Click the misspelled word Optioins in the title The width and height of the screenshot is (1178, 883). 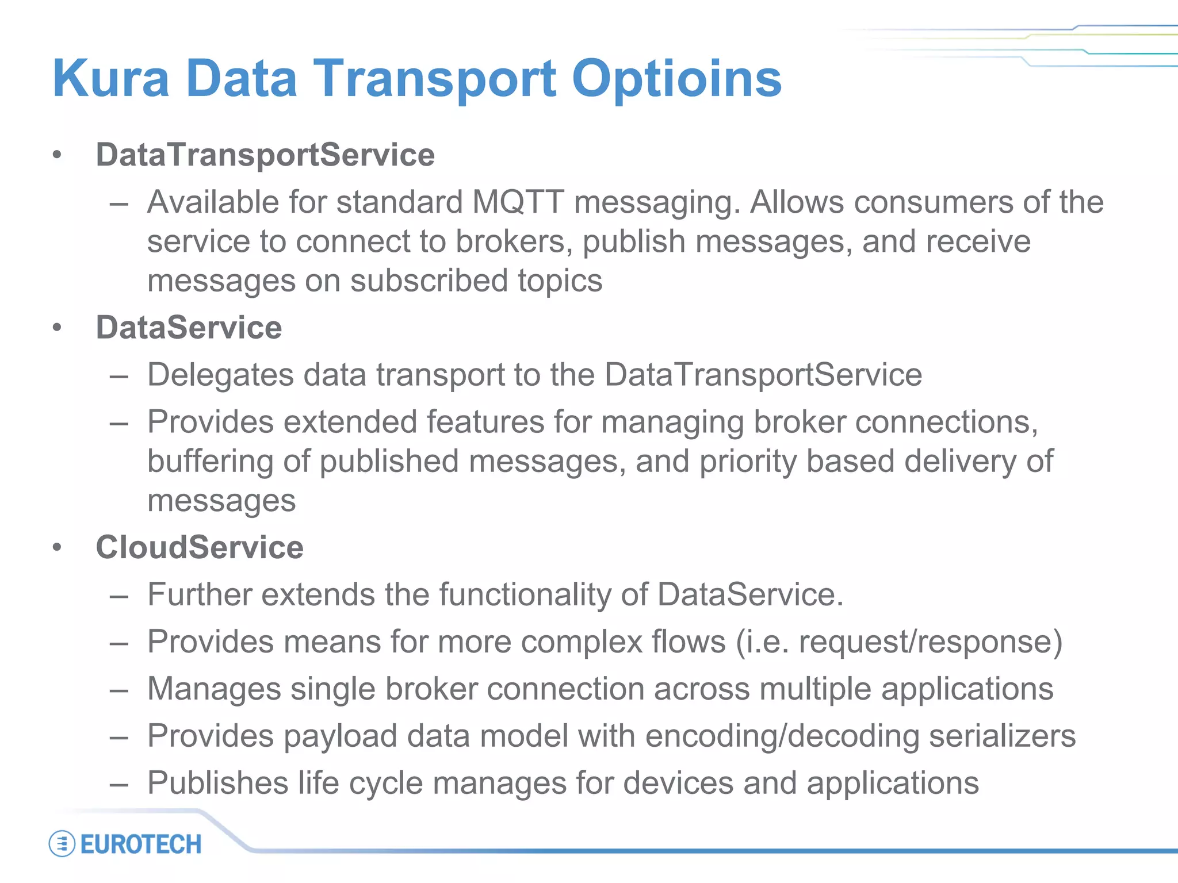tap(676, 79)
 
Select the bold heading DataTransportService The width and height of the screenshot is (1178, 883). tap(265, 155)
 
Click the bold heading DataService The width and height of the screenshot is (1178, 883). tap(189, 328)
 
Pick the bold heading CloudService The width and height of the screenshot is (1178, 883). tap(200, 547)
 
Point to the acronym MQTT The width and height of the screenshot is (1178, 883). tap(518, 202)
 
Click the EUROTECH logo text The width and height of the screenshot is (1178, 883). tap(141, 844)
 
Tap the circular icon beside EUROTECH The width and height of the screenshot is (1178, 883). tap(62, 844)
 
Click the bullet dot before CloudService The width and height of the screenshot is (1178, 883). tap(56, 547)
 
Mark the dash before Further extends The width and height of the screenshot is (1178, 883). tap(118, 596)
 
